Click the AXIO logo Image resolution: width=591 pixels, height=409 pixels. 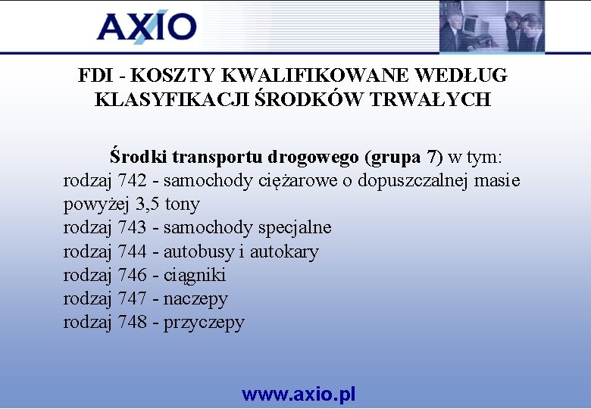tap(146, 27)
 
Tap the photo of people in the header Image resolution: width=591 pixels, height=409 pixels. tap(491, 27)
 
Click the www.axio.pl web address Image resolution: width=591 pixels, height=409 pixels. tap(299, 394)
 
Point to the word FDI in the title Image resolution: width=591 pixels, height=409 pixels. tap(95, 76)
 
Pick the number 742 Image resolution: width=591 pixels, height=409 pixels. tap(133, 181)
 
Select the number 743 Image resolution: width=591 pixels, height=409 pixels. tap(133, 228)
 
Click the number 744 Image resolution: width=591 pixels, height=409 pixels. tap(133, 251)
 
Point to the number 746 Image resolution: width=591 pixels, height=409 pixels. tap(133, 275)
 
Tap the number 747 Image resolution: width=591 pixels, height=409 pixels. tap(133, 298)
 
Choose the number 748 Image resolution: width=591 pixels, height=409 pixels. tap(133, 322)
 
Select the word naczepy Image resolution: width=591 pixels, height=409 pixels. tap(195, 299)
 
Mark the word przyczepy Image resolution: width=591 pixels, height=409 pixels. tap(204, 323)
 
